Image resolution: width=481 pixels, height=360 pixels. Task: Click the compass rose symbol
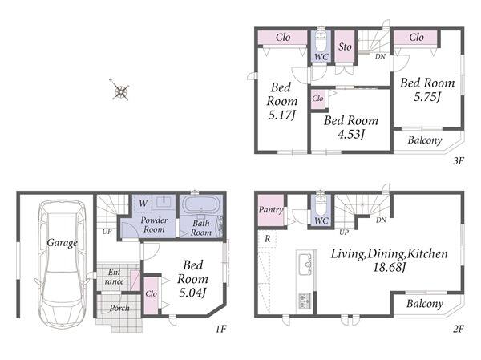(120, 90)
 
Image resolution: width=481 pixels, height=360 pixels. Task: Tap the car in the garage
(63, 265)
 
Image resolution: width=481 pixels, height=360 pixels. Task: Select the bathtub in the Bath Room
(200, 204)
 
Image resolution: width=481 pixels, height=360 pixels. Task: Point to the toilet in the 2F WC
(321, 204)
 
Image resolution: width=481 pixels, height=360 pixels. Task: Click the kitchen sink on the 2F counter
(305, 265)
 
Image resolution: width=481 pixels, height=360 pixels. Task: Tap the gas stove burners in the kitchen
(305, 301)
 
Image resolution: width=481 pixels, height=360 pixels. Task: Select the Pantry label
(271, 210)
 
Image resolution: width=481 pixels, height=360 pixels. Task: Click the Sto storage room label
(345, 47)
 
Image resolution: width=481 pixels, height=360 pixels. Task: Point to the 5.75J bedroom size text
(427, 97)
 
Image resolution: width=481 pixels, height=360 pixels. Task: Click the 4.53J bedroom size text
(351, 134)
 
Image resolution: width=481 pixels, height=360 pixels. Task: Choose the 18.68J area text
(390, 267)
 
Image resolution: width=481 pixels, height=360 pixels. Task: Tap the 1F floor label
(220, 329)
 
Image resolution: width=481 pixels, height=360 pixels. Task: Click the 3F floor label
(459, 160)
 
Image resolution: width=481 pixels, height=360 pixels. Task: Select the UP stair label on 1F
(107, 232)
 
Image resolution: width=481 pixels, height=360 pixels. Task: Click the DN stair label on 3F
(380, 56)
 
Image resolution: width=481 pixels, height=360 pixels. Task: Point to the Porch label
(119, 308)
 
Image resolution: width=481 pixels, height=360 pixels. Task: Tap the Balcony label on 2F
(425, 304)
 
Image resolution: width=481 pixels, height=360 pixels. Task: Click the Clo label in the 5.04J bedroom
(151, 293)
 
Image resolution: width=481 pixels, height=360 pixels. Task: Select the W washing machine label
(143, 203)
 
